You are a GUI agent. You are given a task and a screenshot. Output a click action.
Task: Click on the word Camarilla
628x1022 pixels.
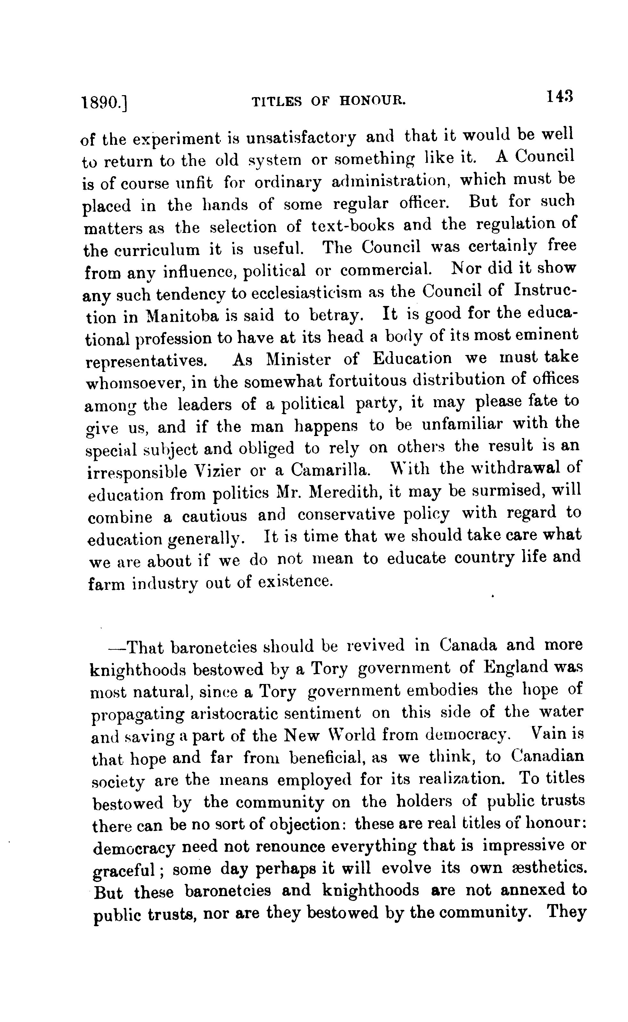[329, 470]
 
